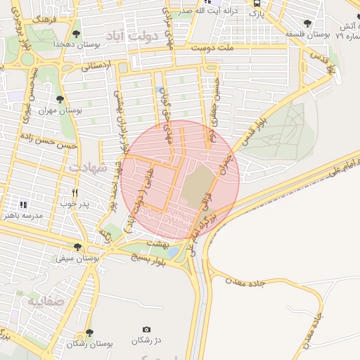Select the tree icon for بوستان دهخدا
click(x=77, y=32)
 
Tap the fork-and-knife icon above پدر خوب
click(x=75, y=192)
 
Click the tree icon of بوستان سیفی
click(x=77, y=247)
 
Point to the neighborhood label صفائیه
click(x=46, y=301)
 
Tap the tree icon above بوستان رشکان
click(x=89, y=333)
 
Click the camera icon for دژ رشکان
click(x=146, y=330)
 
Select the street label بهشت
click(x=157, y=243)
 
